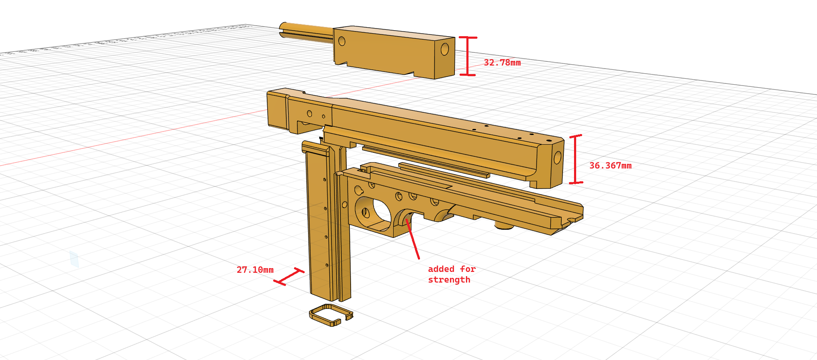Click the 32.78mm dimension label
point(502,63)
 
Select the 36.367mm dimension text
point(610,166)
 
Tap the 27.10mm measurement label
point(255,270)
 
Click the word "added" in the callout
point(441,269)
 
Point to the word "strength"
point(449,280)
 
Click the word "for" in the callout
point(468,269)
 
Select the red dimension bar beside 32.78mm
point(468,56)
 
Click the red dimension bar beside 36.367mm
point(575,159)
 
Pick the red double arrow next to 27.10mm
point(289,277)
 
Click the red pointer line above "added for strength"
point(413,239)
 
